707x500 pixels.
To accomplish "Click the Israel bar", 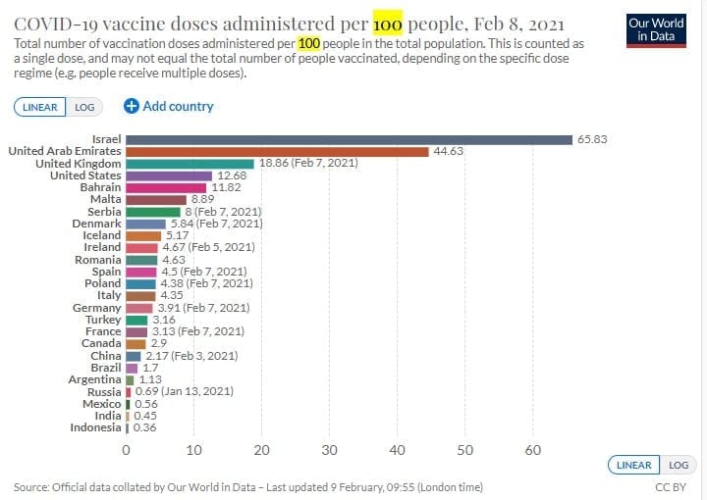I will [349, 139].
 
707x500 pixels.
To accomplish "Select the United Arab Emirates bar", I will [277, 151].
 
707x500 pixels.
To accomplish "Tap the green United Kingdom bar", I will [190, 164].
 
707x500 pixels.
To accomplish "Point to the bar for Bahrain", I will [166, 187].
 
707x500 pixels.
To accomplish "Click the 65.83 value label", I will [592, 139].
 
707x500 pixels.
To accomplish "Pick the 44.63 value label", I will [449, 151].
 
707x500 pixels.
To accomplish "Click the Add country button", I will [168, 106].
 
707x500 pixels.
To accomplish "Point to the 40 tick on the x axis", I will [397, 450].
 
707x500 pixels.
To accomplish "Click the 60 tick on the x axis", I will [533, 450].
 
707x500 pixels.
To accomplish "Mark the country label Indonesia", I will [95, 427].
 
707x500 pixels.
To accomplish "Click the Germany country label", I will [98, 308].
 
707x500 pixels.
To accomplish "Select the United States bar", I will [169, 175].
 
